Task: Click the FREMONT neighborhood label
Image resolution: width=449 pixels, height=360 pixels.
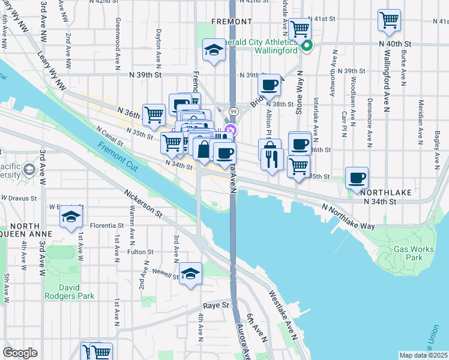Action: [232, 22]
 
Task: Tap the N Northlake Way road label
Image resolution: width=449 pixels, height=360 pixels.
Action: [348, 216]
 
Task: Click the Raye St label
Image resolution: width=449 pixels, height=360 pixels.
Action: [217, 305]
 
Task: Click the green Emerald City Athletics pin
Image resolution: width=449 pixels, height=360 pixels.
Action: [307, 46]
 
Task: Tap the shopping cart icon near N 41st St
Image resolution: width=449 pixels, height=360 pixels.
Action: [389, 20]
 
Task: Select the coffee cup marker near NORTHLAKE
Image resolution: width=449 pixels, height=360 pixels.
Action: [357, 178]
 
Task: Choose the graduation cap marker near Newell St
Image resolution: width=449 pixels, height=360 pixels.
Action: [191, 274]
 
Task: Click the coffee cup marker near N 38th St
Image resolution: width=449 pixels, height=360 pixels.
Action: [269, 85]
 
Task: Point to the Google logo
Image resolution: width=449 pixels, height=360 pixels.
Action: [20, 353]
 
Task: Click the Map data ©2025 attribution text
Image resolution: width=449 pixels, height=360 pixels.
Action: [424, 355]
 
